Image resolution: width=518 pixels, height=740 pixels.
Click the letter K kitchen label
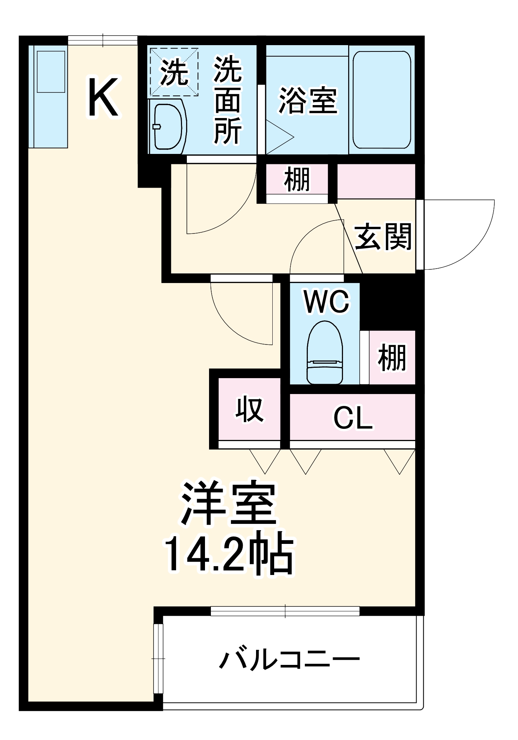[x=103, y=97]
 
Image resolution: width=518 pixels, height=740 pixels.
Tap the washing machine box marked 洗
[x=174, y=73]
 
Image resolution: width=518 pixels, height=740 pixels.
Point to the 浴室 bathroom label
[x=308, y=101]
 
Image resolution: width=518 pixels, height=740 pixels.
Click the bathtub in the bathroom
[x=381, y=100]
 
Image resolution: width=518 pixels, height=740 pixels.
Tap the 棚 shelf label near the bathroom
[x=297, y=180]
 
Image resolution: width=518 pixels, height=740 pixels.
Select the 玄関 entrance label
[x=383, y=237]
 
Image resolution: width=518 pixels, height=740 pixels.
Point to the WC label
[x=326, y=302]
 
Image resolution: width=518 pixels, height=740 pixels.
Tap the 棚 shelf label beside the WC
[x=391, y=358]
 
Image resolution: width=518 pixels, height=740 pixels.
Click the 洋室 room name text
[x=228, y=504]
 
